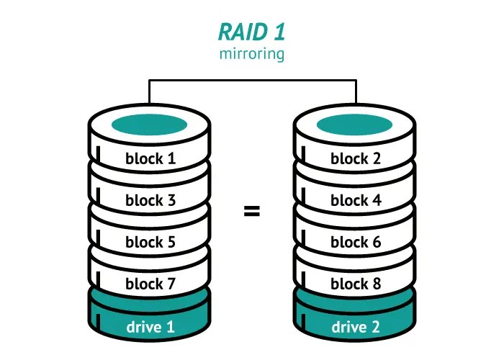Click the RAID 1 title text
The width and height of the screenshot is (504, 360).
[251, 32]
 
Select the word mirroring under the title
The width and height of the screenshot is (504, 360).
[251, 54]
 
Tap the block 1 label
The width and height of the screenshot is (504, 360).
[150, 158]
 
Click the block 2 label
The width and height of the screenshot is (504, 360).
[356, 158]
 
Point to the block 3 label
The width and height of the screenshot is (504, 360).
[150, 200]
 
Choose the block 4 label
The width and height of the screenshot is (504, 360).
[356, 200]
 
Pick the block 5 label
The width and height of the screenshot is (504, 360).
[150, 242]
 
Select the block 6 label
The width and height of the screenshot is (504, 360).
[356, 242]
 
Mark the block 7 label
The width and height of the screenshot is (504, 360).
[150, 284]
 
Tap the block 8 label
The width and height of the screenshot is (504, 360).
[356, 284]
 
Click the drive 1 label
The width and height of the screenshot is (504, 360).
[150, 327]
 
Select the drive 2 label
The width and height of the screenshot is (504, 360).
[356, 327]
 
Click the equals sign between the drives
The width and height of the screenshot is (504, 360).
[251, 212]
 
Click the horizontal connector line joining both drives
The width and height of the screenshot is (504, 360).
[252, 81]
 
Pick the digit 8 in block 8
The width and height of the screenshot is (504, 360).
[377, 284]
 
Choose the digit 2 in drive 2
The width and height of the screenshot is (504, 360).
[376, 327]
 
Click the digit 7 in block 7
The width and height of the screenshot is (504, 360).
[171, 284]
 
